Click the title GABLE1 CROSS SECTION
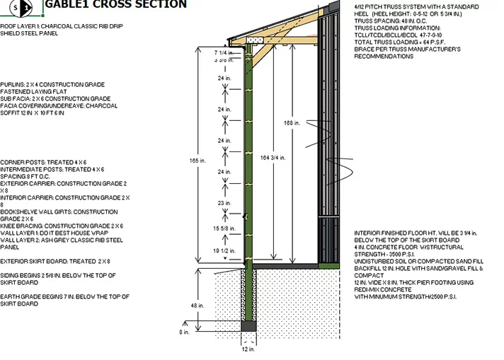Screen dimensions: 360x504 coord(116,5)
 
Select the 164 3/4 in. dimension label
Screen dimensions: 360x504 coord(270,157)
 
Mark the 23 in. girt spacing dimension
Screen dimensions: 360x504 coord(224,203)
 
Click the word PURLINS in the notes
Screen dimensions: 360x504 coord(13,83)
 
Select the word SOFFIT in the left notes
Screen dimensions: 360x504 coord(13,112)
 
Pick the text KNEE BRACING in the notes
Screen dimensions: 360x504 coord(21,226)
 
